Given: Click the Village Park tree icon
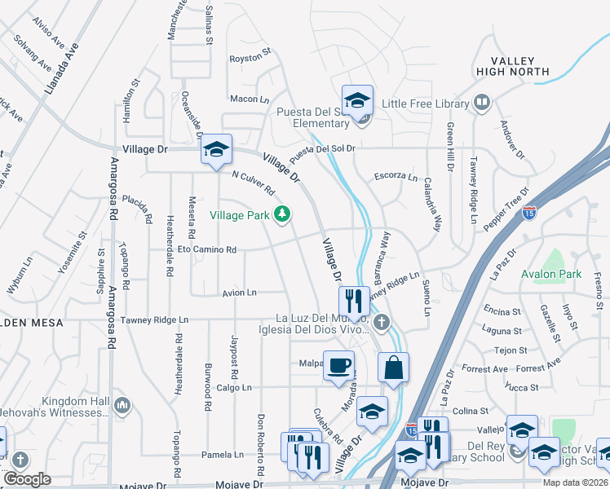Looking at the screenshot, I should coord(282,214).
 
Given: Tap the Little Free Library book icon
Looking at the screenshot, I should coord(482,104).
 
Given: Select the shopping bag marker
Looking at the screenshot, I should coord(393,367).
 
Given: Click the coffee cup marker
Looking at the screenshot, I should coord(338,365).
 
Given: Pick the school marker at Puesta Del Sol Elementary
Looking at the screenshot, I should coord(357,100).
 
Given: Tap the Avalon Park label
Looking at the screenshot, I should coord(552,274).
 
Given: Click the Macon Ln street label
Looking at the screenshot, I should coord(250,99).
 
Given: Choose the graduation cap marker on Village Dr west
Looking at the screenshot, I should coord(216,149).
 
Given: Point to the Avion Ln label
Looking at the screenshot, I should coord(239,292).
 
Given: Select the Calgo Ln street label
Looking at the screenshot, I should coord(234,387).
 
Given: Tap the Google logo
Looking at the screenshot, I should coord(27,479).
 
